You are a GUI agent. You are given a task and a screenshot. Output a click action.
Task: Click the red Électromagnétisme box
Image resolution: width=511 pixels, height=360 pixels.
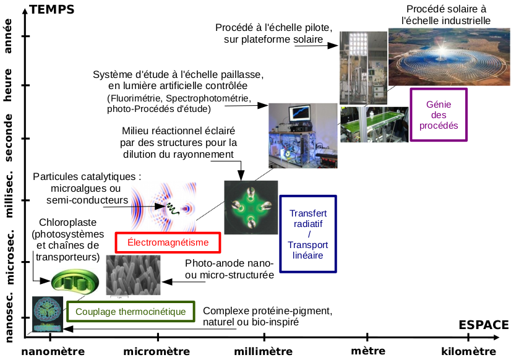coord(168,242)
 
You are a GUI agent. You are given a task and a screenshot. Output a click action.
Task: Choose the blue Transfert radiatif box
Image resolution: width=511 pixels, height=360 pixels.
coord(309,234)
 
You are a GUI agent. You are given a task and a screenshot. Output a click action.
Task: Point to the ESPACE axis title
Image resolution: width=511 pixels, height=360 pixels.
coord(484,325)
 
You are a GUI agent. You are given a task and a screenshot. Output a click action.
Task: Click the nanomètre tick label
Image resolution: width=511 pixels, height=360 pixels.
coord(53,351)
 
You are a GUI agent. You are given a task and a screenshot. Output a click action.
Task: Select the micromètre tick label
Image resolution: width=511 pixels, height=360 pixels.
coord(157,351)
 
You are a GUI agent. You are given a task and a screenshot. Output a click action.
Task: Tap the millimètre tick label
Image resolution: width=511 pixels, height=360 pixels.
coord(263,351)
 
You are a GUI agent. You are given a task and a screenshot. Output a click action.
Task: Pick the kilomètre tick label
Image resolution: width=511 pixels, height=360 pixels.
coord(468,351)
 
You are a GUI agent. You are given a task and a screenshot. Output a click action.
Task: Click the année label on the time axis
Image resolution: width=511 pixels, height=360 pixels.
coord(9,36)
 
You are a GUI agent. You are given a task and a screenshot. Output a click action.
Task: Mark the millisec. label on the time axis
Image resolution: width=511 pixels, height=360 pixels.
coord(9,195)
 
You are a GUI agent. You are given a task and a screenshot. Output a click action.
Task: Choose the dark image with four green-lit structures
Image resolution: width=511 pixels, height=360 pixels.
coord(250,207)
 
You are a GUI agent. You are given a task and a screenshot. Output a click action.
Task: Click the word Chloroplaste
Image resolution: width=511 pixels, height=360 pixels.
coord(67,223)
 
